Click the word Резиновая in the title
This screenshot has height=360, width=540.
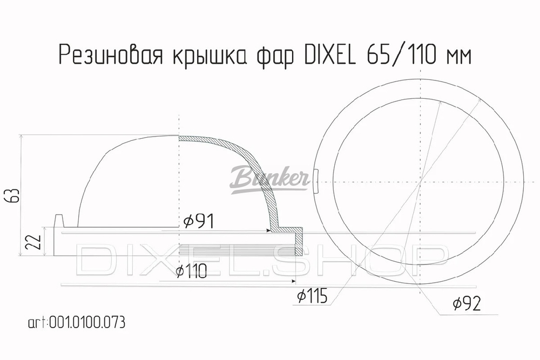(111, 55)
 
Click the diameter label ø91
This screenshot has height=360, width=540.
(199, 221)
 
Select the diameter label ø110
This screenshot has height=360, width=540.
(191, 271)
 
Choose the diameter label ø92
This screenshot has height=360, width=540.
(467, 303)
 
